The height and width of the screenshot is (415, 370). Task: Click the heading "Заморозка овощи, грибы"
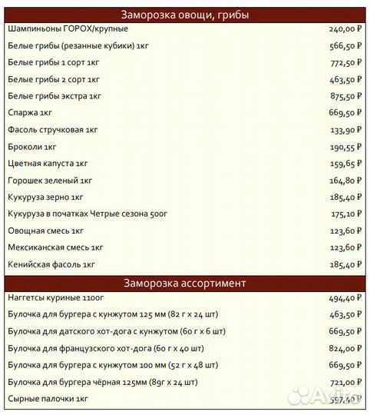pyautogui.click(x=185, y=15)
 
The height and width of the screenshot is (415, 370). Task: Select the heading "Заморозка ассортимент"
pyautogui.click(x=185, y=283)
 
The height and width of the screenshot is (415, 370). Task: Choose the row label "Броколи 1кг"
pyautogui.click(x=32, y=147)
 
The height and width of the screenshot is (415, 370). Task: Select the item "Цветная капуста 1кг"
pyautogui.click(x=48, y=164)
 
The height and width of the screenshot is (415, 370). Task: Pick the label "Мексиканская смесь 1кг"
pyautogui.click(x=55, y=247)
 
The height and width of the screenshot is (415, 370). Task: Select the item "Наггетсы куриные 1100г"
pyautogui.click(x=56, y=297)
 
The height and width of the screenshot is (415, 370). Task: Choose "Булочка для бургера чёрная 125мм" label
pyautogui.click(x=103, y=382)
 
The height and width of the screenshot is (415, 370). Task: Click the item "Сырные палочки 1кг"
pyautogui.click(x=48, y=399)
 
